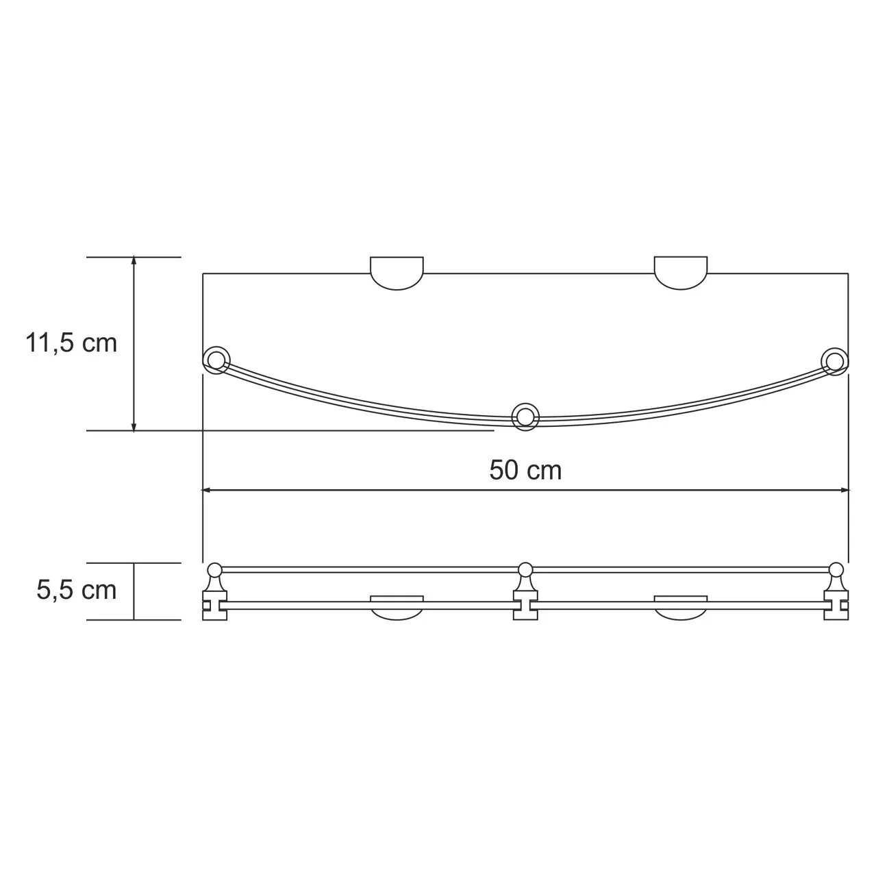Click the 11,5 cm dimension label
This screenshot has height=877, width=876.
(71, 343)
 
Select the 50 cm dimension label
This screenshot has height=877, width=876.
(525, 471)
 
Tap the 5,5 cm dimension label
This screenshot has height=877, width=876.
(77, 590)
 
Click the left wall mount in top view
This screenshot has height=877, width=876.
(397, 273)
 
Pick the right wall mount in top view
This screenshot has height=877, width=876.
(680, 272)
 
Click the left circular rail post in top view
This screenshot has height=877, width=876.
(216, 360)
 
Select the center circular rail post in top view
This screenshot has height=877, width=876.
(525, 416)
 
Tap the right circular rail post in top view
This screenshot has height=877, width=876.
(835, 360)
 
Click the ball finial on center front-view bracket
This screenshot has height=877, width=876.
(525, 569)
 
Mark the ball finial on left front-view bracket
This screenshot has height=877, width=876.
(214, 569)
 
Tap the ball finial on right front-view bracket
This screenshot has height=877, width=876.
(836, 569)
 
